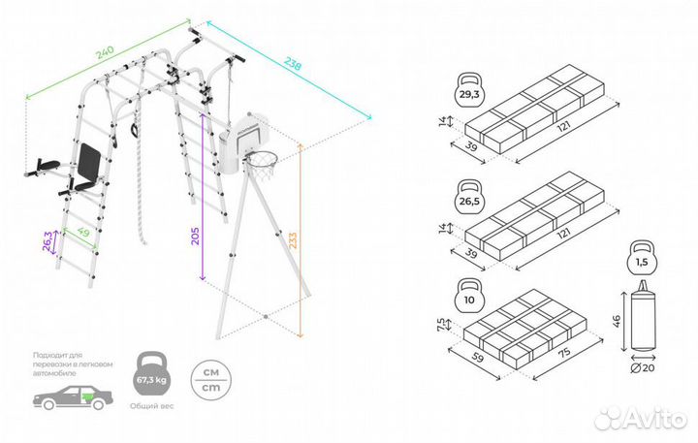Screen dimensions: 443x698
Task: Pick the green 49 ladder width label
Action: pos(84,233)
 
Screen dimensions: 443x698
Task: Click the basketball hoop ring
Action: pos(260,160)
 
